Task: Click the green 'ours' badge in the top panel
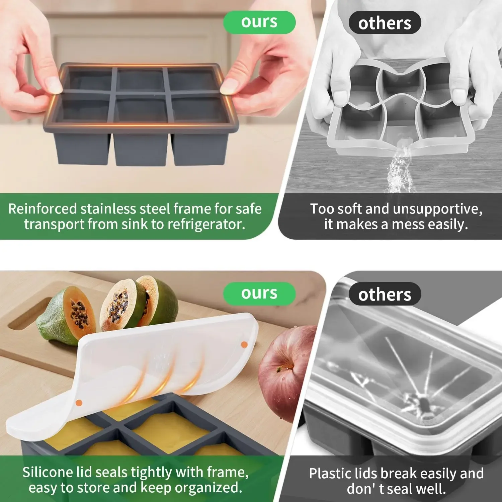coord(259,22)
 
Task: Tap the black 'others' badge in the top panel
coord(385,23)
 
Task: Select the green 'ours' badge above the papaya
coord(259,294)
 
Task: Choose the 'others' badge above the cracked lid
coord(385,295)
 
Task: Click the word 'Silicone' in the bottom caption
coord(48,473)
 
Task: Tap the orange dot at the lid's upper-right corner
coord(244,344)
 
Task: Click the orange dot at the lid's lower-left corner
coord(79,403)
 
